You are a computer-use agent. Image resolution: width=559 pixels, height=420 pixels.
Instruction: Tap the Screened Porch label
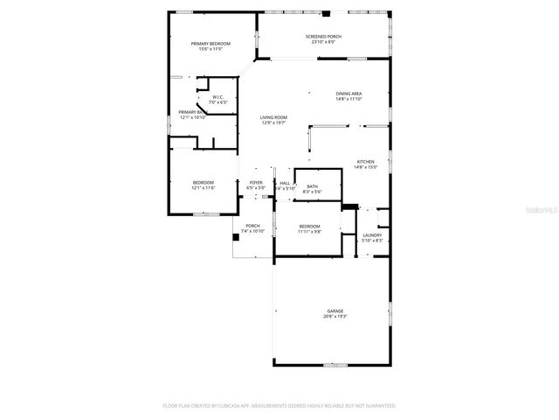point(323,36)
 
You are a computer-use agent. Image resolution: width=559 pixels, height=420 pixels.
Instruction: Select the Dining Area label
point(349,94)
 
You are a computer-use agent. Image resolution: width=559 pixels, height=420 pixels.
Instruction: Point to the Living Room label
point(273,117)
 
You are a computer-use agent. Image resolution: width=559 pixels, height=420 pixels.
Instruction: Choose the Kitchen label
point(365,162)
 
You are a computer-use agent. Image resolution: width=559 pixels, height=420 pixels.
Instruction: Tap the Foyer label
point(255,182)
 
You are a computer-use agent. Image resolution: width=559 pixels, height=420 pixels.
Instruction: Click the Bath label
point(312,186)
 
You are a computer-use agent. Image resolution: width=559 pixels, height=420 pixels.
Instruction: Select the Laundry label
point(372,234)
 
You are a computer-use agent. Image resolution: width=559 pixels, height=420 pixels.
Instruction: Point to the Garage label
point(335,311)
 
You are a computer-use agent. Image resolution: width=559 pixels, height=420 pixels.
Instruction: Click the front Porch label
point(252,226)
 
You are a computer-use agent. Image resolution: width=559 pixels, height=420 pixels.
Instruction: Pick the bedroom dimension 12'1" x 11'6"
point(204,187)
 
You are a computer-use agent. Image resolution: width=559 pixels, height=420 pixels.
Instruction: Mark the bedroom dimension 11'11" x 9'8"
point(309,231)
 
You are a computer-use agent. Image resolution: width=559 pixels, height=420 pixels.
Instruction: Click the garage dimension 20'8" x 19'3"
point(335,316)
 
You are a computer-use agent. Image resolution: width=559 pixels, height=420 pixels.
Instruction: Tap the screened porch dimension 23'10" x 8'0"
point(323,41)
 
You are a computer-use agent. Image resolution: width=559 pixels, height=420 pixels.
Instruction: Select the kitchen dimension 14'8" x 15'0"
point(365,167)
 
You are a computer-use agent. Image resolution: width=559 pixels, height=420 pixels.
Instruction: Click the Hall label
point(285,182)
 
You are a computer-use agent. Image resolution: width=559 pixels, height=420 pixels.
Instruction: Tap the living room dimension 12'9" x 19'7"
point(273,122)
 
